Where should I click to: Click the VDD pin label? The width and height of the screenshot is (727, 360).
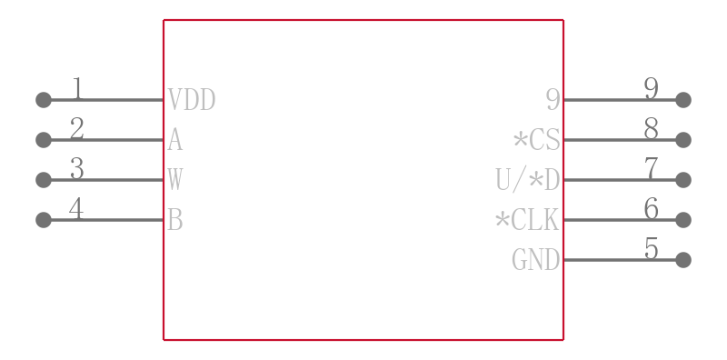tap(192, 100)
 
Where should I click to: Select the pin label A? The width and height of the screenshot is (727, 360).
tap(174, 140)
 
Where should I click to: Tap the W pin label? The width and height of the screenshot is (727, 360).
tap(174, 180)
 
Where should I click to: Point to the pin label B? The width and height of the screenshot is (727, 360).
tap(174, 220)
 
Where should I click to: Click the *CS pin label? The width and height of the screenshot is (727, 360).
tap(536, 140)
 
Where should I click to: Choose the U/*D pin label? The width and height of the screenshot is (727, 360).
tap(527, 180)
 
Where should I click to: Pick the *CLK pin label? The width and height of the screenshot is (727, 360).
tap(527, 220)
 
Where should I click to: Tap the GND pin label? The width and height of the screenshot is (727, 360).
tap(535, 260)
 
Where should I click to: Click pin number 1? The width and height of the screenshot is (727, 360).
tap(77, 89)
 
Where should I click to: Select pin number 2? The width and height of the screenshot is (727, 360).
tap(77, 129)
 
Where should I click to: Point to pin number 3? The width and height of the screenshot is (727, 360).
tap(77, 169)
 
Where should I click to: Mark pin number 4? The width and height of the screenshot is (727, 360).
tap(77, 209)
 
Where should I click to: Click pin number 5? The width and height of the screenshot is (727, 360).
tap(651, 249)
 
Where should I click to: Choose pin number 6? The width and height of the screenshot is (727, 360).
tap(651, 209)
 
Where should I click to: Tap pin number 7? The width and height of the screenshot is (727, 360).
tap(651, 169)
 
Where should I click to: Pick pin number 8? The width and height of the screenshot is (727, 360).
tap(651, 129)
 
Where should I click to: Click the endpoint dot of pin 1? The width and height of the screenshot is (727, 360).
tap(44, 100)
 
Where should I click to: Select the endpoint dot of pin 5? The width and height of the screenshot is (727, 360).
tap(683, 260)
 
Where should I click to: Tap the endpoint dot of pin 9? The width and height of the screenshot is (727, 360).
tap(683, 100)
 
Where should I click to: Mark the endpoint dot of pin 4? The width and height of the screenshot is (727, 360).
tap(44, 220)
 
